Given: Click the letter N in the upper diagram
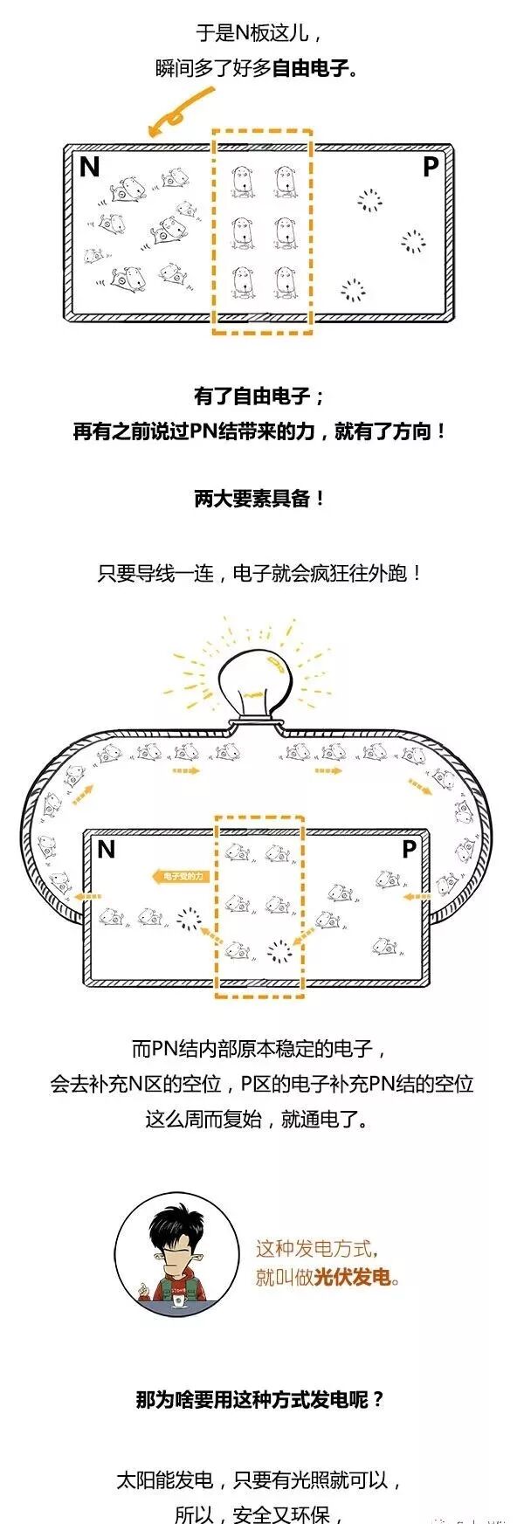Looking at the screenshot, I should click(x=89, y=167).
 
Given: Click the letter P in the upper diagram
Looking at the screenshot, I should click(x=431, y=167).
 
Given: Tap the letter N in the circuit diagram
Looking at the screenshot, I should click(x=106, y=849).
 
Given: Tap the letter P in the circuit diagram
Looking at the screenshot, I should click(x=409, y=849).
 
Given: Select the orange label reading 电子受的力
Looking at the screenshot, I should click(x=181, y=875).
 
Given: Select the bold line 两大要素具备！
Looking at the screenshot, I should click(x=260, y=499).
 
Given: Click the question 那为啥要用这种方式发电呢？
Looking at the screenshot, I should click(x=260, y=1399).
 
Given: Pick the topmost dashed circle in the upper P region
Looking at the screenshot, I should click(x=370, y=202).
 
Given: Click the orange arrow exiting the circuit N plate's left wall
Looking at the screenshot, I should click(x=86, y=896).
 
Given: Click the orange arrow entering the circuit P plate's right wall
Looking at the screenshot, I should click(x=417, y=896).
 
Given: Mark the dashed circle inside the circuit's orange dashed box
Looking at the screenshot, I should click(x=279, y=951).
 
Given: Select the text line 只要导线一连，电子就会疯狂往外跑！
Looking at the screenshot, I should click(x=260, y=574).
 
